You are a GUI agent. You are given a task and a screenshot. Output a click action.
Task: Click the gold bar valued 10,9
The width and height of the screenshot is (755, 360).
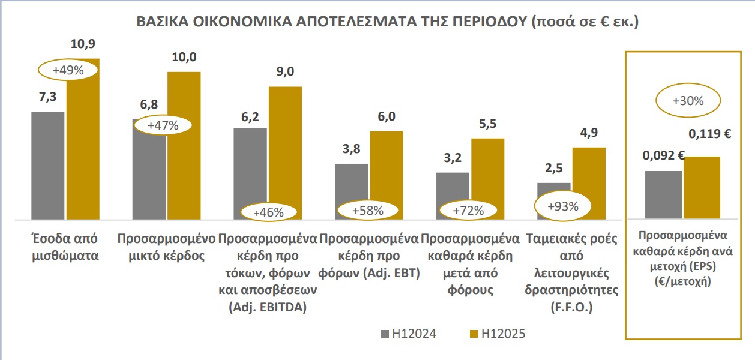pyautogui.click(x=83, y=150)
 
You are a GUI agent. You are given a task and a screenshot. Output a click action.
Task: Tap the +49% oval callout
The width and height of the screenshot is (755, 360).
pyautogui.click(x=67, y=70)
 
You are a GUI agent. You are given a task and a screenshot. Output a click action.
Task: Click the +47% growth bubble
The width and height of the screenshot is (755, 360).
pyautogui.click(x=162, y=125)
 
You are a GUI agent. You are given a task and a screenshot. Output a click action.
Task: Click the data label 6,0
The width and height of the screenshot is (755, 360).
pyautogui.click(x=387, y=116)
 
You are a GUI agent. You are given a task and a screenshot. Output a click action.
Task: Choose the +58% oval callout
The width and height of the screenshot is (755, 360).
pyautogui.click(x=367, y=211)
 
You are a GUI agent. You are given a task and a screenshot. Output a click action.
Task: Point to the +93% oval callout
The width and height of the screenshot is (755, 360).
pyautogui.click(x=563, y=206)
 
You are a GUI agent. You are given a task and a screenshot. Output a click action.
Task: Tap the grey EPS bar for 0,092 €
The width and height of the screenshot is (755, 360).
pyautogui.click(x=663, y=194)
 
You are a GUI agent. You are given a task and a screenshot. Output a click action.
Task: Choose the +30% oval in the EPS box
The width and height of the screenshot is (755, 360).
pyautogui.click(x=687, y=101)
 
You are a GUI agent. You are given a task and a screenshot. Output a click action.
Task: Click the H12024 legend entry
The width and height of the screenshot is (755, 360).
pyautogui.click(x=408, y=334)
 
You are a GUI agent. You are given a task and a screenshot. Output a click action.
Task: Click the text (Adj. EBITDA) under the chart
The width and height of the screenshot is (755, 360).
pyautogui.click(x=268, y=308)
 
